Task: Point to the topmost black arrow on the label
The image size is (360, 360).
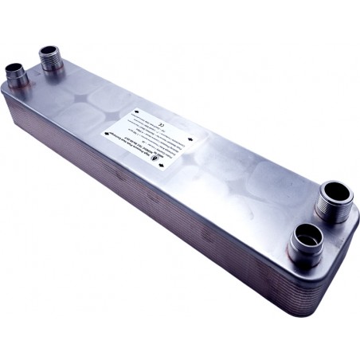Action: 138,112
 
